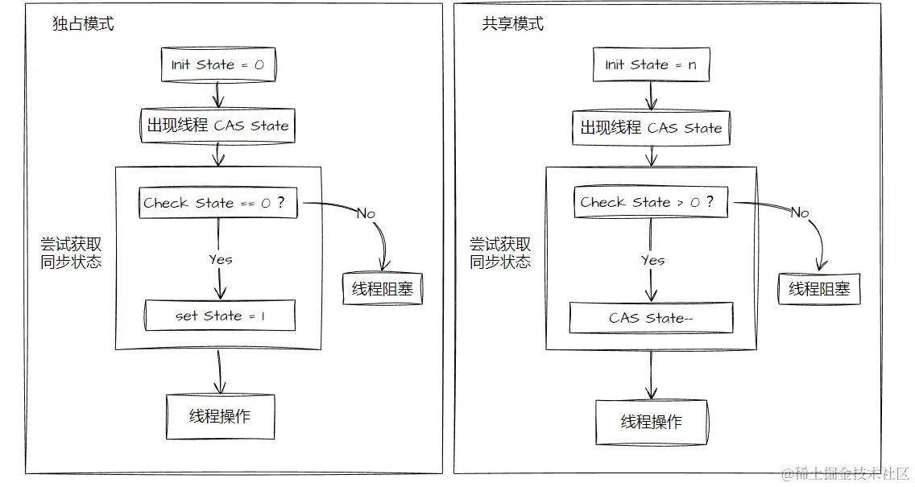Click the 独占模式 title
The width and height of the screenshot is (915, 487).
pos(83,24)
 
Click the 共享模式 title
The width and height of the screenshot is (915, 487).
pos(512,24)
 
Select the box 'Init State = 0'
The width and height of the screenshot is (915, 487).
pos(217,65)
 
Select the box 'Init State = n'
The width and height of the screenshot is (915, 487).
pos(651,65)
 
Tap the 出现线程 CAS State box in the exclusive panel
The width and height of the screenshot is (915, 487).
pos(217,126)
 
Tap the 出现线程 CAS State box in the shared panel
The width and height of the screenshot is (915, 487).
pos(651,127)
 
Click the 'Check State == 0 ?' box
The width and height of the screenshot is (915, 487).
pos(217,203)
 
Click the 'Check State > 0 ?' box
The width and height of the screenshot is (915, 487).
pos(651,202)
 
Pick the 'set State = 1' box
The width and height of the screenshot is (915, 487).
pos(220,316)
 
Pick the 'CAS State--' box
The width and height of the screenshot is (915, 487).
pos(651,318)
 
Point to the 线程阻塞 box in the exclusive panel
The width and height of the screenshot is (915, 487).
pos(383,289)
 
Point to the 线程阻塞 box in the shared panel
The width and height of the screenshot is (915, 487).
pos(819,289)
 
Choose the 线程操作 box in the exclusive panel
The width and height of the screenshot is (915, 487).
pos(220,416)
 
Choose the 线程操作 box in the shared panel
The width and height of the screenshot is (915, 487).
pos(651,422)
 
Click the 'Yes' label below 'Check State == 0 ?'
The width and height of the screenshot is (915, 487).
pos(220,259)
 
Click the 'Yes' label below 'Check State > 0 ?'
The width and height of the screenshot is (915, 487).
pos(652,260)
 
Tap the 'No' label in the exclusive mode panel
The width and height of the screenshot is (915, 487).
pos(366,213)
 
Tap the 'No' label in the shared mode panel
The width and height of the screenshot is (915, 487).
pos(799,213)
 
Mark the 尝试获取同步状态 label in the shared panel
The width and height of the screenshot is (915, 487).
pos(500,253)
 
